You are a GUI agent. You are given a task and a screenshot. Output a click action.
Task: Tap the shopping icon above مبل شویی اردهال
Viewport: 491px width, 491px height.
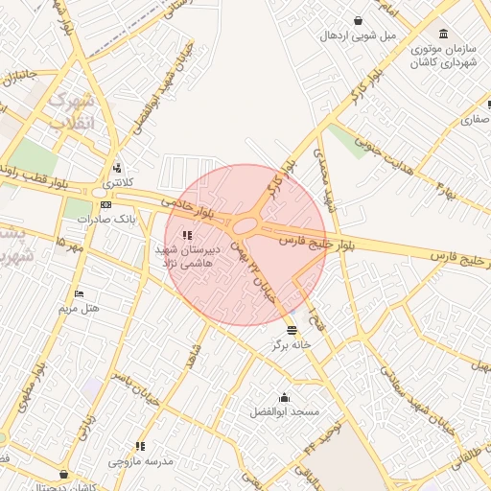(358, 20)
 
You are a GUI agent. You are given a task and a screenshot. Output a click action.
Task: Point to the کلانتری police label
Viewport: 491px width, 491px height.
(120, 182)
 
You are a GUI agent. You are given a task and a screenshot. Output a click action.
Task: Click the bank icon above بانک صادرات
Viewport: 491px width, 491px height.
(105, 204)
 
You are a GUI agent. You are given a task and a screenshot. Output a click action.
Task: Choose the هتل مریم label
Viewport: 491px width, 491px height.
(79, 308)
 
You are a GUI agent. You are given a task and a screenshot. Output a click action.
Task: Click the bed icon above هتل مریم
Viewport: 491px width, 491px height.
(79, 293)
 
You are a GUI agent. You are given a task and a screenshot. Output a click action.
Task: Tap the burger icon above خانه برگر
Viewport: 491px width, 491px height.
(292, 329)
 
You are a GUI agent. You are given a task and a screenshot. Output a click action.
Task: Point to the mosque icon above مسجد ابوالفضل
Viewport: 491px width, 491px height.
(284, 397)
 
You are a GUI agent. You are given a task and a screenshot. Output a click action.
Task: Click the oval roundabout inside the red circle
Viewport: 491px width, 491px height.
(246, 226)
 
